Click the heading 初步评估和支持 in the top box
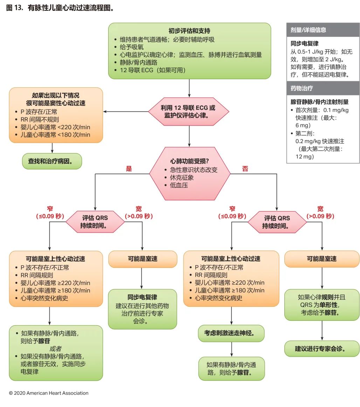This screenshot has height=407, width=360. pos(189,31)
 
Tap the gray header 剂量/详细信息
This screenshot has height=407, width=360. pos(308,30)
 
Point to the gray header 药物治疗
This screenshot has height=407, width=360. pos(303,88)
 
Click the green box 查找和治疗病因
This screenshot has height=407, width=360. pos(52,161)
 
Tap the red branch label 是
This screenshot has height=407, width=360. pos(129,169)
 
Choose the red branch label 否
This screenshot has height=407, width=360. pos(245,169)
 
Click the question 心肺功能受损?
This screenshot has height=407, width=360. pos(189,162)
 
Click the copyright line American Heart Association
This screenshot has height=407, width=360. pos(49,393)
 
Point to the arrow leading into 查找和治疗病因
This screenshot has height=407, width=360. pos(52,148)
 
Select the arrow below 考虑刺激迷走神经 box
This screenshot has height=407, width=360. pos(231,349)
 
